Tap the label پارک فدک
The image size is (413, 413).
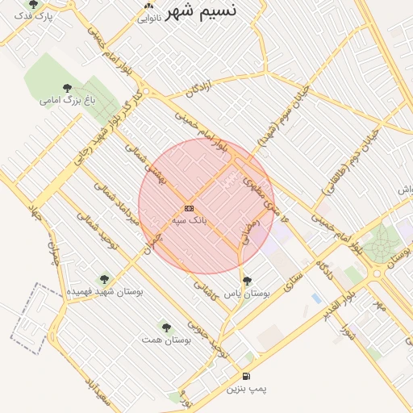pos(34,16)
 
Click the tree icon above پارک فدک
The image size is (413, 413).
pos(33,4)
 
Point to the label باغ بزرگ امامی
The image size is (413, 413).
pos(68,101)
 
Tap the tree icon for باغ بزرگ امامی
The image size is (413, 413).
pos(67,88)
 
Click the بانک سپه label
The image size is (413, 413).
pos(189,219)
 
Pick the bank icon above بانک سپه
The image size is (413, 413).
pos(189,207)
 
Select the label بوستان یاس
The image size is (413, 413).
pos(246,294)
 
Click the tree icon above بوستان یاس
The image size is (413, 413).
pos(247,281)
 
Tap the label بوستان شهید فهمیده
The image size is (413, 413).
pos(105,291)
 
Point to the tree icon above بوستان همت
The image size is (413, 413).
pos(166,327)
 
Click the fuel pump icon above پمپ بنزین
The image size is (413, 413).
pos(245,376)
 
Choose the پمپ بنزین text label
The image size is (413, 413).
pos(245,389)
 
